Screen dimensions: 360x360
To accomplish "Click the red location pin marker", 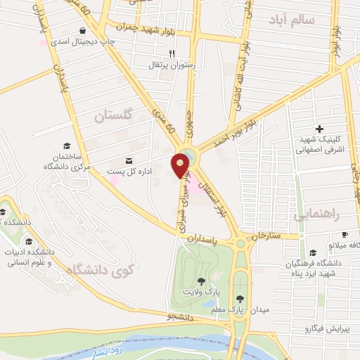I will point(181,165).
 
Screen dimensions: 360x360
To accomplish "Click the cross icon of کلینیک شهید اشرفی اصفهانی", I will point(320,129).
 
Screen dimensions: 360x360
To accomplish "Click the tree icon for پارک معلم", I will point(241,298).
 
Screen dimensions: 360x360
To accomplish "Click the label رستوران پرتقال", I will point(165,65).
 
